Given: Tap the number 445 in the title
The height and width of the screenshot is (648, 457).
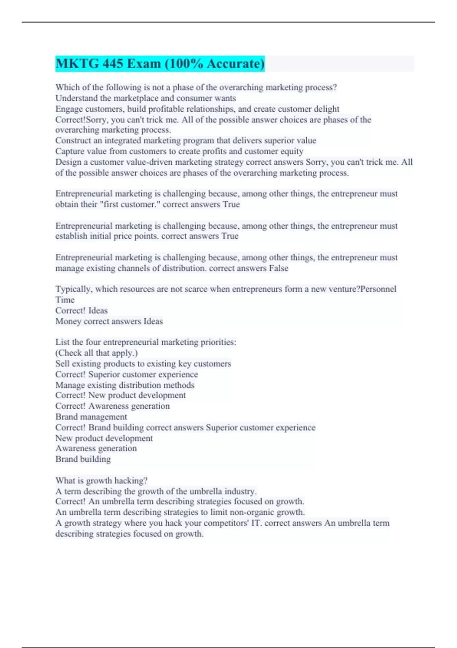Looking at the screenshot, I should point(112,64).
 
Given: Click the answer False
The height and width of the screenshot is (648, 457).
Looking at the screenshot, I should point(278,268).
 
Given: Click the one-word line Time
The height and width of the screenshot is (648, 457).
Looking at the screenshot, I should point(65,300).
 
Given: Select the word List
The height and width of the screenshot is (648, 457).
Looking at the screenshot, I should point(62,342).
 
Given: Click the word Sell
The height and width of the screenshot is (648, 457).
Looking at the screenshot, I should point(62,364).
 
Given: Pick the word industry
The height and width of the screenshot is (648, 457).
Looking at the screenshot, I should point(240,491).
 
